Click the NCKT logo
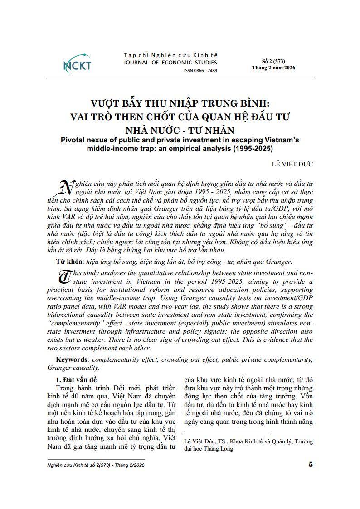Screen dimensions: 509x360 tap(77, 64)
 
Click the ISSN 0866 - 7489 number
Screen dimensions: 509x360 tap(200, 71)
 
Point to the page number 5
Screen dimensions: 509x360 tap(310, 464)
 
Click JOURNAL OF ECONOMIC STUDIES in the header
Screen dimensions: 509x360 tap(170, 63)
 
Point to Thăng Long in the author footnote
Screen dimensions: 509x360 tap(220, 449)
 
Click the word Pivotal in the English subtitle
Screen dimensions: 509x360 tap(75, 140)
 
